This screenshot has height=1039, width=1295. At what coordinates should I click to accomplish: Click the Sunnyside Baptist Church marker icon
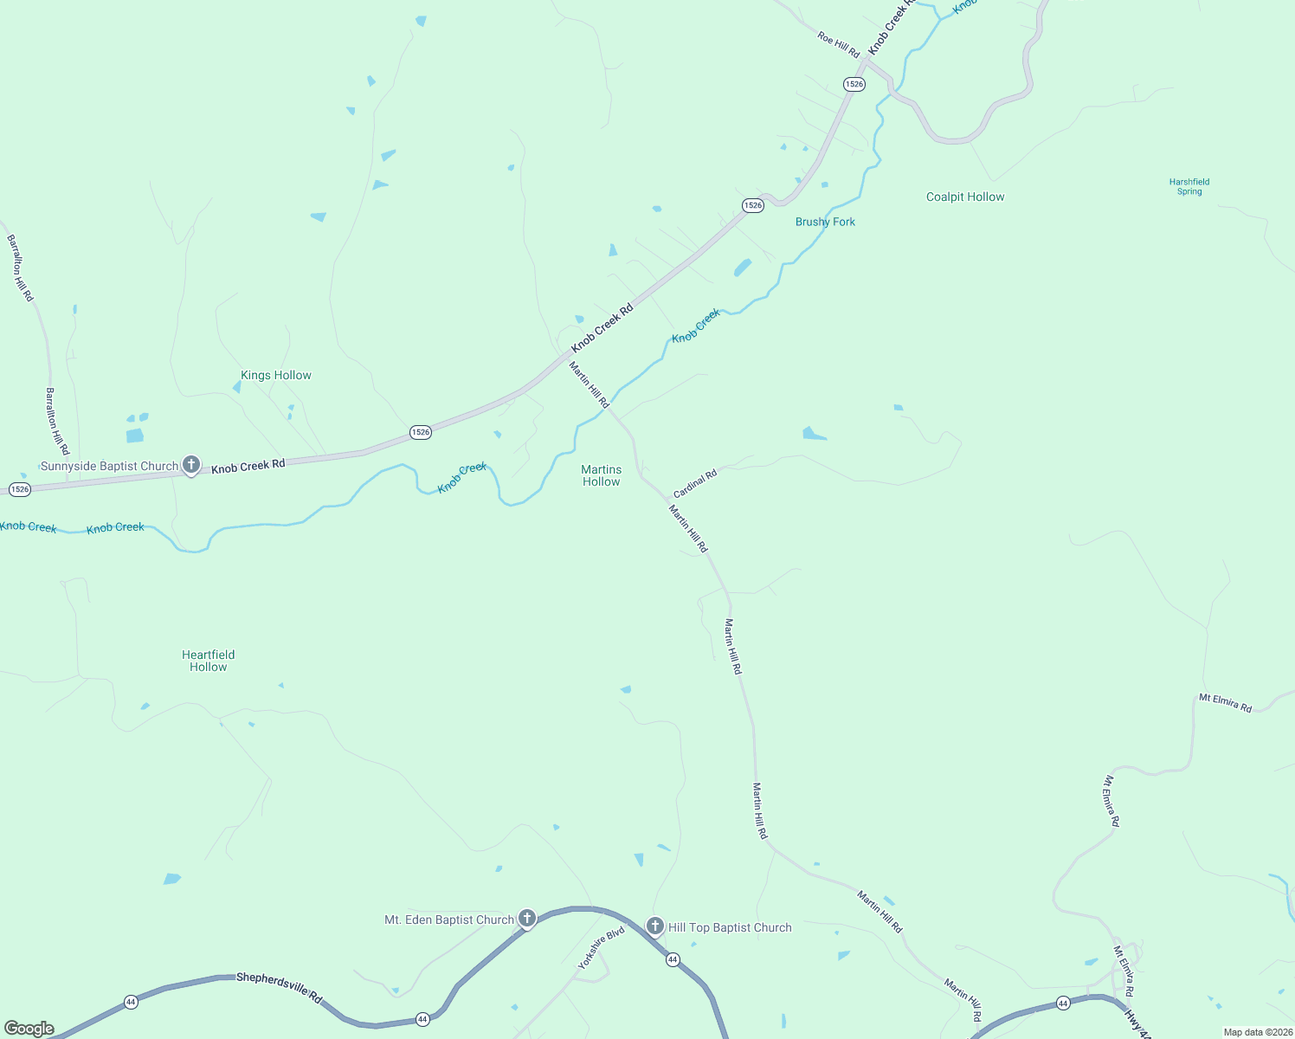(191, 465)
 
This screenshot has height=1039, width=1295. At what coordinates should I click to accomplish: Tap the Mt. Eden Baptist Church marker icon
(526, 919)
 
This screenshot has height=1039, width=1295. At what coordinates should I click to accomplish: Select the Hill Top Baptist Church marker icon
(655, 926)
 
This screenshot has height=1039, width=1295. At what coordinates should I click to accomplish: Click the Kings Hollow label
(275, 375)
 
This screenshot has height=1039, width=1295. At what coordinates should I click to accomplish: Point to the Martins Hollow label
(601, 475)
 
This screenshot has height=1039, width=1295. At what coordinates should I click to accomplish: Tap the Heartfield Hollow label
(209, 661)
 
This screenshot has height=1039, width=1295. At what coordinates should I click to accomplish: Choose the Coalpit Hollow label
(965, 197)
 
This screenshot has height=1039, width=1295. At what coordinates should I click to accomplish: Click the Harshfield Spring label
(1189, 186)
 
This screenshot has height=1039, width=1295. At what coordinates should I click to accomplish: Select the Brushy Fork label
(825, 222)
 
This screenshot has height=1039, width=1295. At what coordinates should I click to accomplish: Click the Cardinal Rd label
(695, 483)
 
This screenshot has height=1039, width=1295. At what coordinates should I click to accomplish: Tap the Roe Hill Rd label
(838, 44)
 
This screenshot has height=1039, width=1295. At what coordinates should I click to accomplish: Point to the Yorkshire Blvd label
(602, 948)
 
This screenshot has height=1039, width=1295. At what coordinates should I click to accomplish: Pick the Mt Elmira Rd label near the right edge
(1225, 702)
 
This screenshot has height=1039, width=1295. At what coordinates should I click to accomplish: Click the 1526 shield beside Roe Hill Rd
(854, 84)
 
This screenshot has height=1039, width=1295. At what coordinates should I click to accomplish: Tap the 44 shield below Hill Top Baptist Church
(673, 959)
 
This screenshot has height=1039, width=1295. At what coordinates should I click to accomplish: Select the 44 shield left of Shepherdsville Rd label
(131, 1001)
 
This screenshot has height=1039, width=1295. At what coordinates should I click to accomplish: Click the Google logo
(29, 1029)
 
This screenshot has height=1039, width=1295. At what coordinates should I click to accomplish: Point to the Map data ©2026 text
(1258, 1032)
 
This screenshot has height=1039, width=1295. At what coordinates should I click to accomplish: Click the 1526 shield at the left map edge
(20, 489)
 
